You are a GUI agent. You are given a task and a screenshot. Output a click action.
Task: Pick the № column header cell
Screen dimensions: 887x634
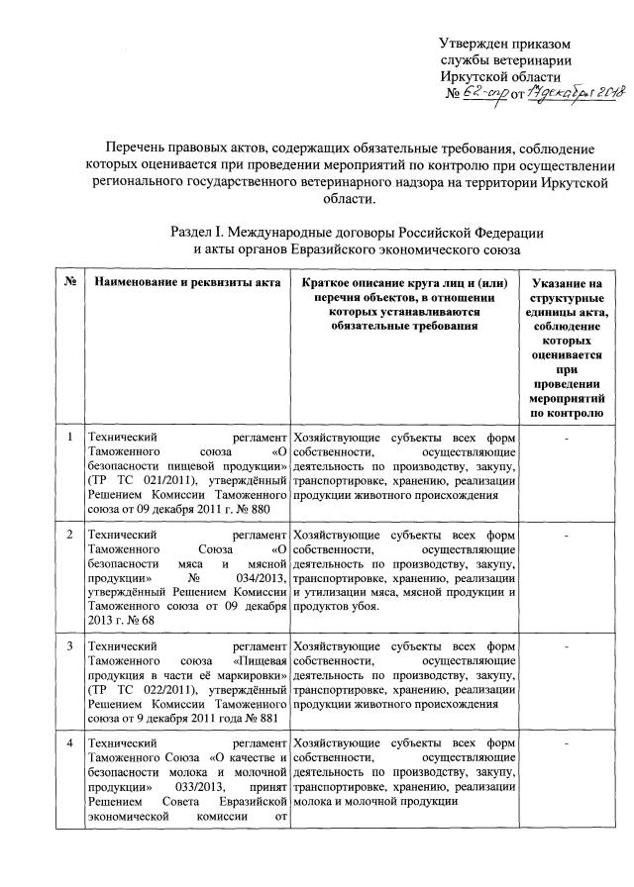point(71,283)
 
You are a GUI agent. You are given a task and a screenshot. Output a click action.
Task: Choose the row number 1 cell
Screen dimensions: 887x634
point(70,438)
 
